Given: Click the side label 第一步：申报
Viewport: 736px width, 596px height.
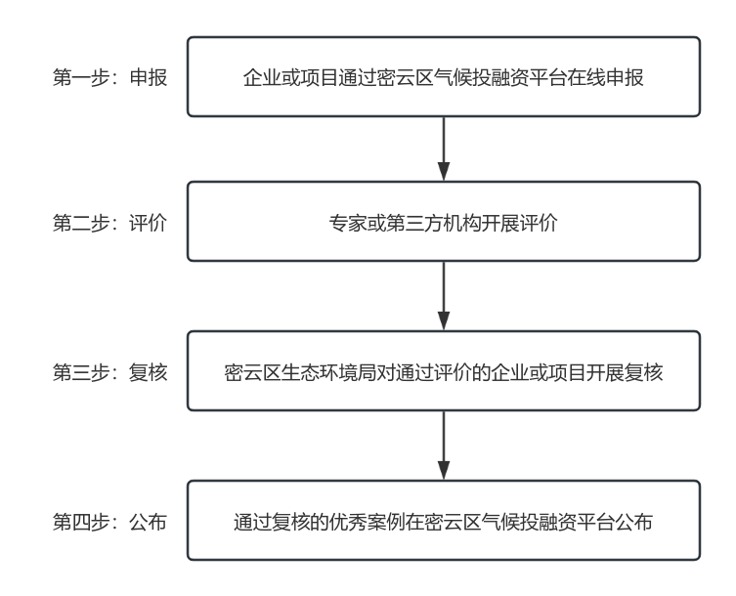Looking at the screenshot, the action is pyautogui.click(x=109, y=77).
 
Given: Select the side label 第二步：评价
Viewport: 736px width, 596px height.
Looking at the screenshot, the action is pyautogui.click(x=109, y=223).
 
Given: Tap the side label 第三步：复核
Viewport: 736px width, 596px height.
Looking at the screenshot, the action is pyautogui.click(x=109, y=372).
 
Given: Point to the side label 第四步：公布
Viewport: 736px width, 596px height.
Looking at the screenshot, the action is pyautogui.click(x=109, y=522).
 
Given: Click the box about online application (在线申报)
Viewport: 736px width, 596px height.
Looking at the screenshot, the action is pyautogui.click(x=444, y=77).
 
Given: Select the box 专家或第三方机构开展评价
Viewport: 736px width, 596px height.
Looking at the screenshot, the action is pyautogui.click(x=444, y=222).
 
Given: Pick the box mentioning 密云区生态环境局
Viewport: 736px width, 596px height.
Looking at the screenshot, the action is pyautogui.click(x=444, y=370).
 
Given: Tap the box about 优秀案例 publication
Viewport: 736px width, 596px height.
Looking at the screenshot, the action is pyautogui.click(x=444, y=521).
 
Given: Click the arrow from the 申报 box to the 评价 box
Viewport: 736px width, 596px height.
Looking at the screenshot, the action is pyautogui.click(x=444, y=149).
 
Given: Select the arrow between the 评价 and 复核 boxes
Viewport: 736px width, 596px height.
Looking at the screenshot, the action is pyautogui.click(x=444, y=296).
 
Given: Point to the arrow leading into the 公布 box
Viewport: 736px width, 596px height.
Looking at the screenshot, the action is pyautogui.click(x=444, y=446).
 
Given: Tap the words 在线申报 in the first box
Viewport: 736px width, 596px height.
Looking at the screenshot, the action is pyautogui.click(x=605, y=77).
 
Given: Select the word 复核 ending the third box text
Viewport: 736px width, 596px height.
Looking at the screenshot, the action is pyautogui.click(x=643, y=372).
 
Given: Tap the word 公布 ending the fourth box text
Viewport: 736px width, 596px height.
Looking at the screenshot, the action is pyautogui.click(x=633, y=522).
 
